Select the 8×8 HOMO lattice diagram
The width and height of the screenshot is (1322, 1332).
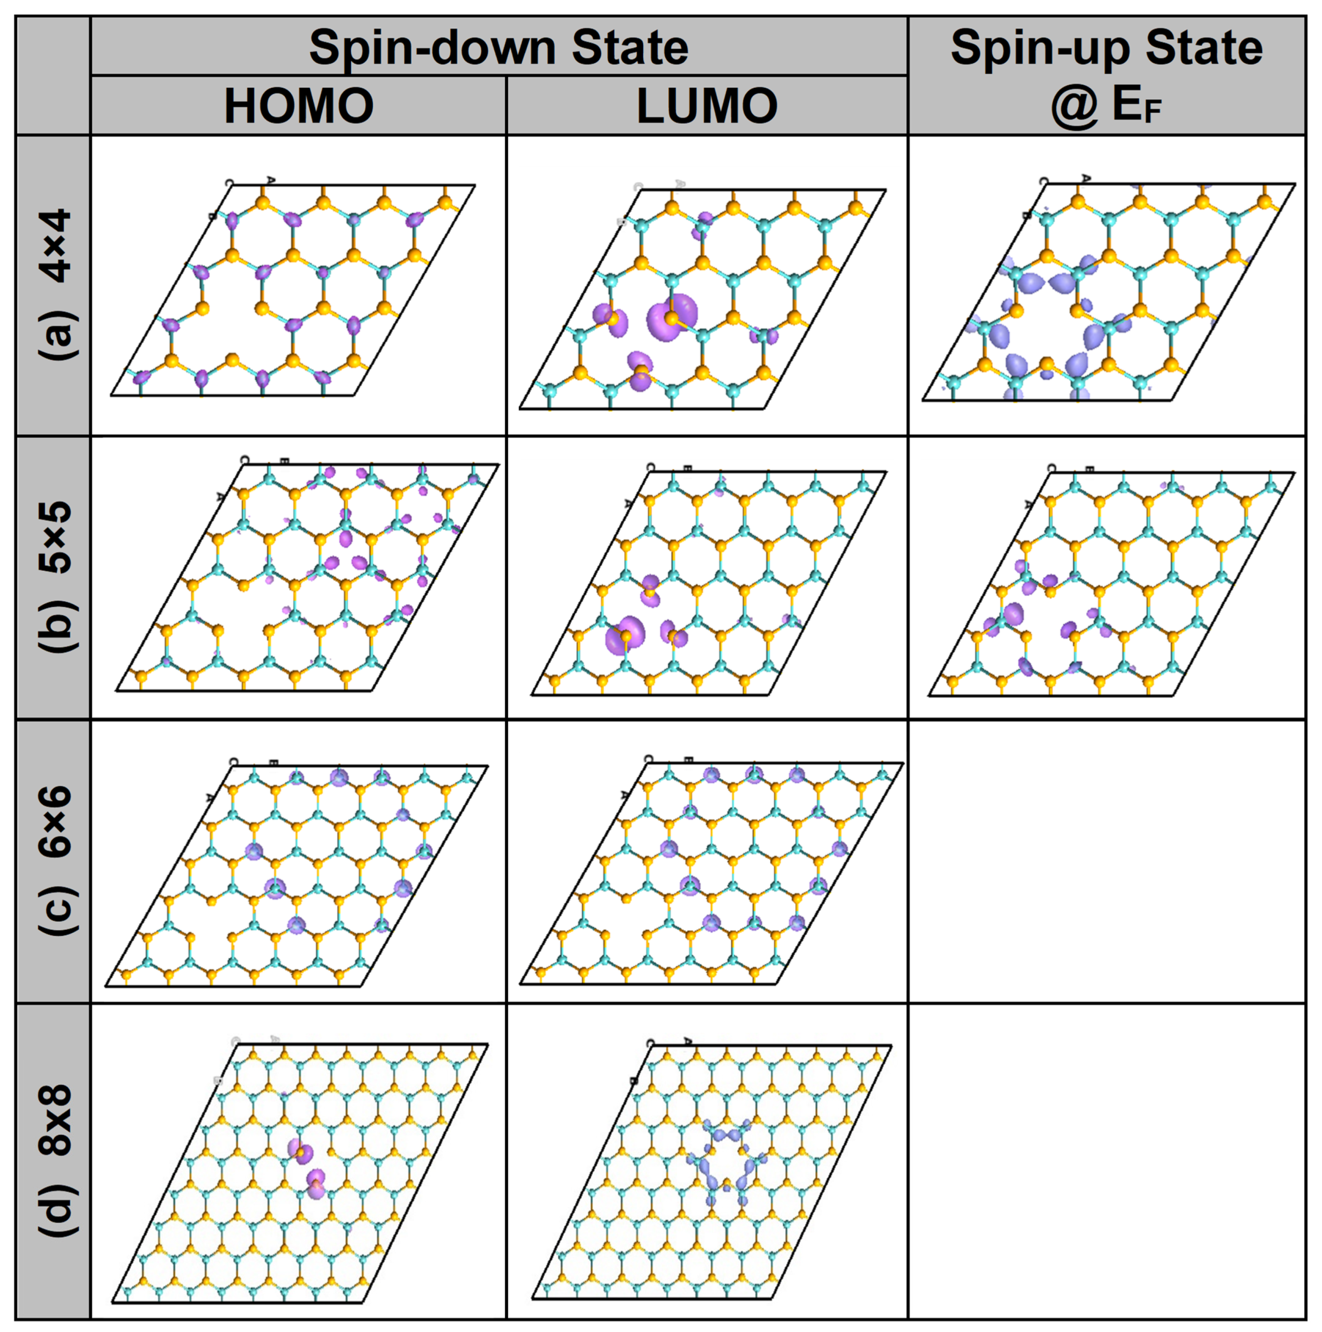tap(300, 1172)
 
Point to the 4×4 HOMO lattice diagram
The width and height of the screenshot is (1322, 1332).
tap(293, 289)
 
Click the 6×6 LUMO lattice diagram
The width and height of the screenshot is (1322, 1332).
tap(710, 872)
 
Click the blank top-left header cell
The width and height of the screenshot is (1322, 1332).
tap(53, 75)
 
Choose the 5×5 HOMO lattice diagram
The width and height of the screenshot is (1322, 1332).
tap(307, 577)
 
